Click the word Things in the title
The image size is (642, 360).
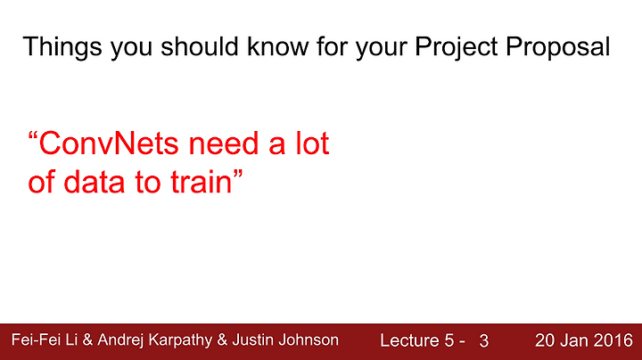coord(62,47)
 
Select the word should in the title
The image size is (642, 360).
coord(200,45)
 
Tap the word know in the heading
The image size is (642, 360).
coord(277,45)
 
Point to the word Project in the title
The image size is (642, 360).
coord(457,47)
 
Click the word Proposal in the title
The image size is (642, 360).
coord(558,47)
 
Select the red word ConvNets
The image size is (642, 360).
coord(109,143)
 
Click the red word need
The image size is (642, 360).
coord(224,143)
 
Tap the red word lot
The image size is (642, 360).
coord(313,143)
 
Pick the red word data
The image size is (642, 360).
coord(95,182)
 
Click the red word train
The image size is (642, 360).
coord(202,182)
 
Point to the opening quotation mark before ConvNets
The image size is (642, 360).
coord(33,136)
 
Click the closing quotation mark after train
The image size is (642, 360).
coord(238,175)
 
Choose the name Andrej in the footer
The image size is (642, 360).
coord(120,340)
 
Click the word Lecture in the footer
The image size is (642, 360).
coord(404,340)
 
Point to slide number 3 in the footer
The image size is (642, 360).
coord(484,340)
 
